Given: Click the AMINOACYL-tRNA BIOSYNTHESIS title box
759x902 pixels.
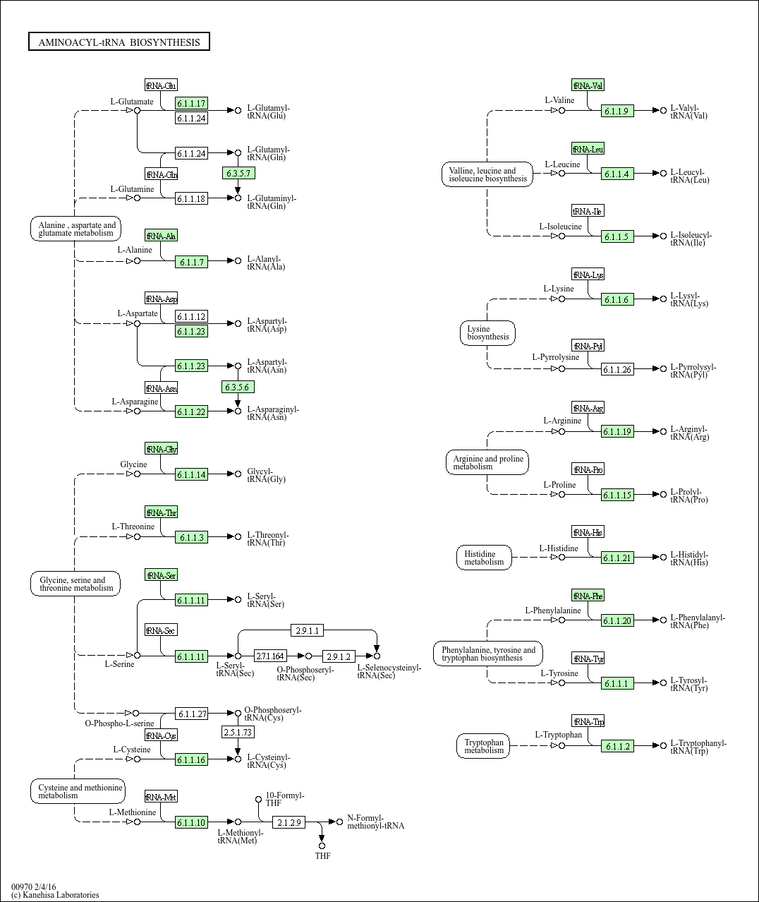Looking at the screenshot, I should pyautogui.click(x=119, y=42).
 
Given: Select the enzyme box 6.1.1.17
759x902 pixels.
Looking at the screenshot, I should pyautogui.click(x=191, y=104).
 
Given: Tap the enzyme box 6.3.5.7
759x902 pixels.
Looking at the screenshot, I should pyautogui.click(x=238, y=173).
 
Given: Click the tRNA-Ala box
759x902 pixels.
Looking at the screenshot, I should pyautogui.click(x=161, y=236).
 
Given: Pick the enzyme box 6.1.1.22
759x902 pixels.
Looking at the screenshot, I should pyautogui.click(x=191, y=411).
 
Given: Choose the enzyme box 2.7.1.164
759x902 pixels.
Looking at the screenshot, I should pyautogui.click(x=270, y=656).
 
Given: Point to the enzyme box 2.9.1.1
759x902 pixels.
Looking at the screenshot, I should pyautogui.click(x=308, y=630).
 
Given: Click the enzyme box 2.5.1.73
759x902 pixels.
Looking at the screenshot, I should pyautogui.click(x=238, y=732).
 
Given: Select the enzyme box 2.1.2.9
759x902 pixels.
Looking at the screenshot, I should pyautogui.click(x=289, y=822).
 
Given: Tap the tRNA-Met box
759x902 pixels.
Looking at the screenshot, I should pyautogui.click(x=161, y=797).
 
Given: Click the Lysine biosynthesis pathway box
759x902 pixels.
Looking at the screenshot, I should pyautogui.click(x=487, y=333).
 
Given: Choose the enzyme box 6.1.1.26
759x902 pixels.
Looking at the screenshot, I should pyautogui.click(x=617, y=369).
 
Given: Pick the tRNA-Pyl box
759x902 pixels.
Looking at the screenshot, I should pyautogui.click(x=588, y=346).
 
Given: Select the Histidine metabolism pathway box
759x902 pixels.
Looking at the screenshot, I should pyautogui.click(x=484, y=558).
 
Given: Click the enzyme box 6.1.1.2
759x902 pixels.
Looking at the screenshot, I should pyautogui.click(x=617, y=746).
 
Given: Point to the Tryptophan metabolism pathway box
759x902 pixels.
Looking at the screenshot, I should pyautogui.click(x=484, y=746).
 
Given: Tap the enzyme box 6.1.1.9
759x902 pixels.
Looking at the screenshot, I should pyautogui.click(x=617, y=111).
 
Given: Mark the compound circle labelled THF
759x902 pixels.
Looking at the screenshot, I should pyautogui.click(x=322, y=846).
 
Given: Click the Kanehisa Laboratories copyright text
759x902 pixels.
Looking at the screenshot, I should pyautogui.click(x=55, y=895).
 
